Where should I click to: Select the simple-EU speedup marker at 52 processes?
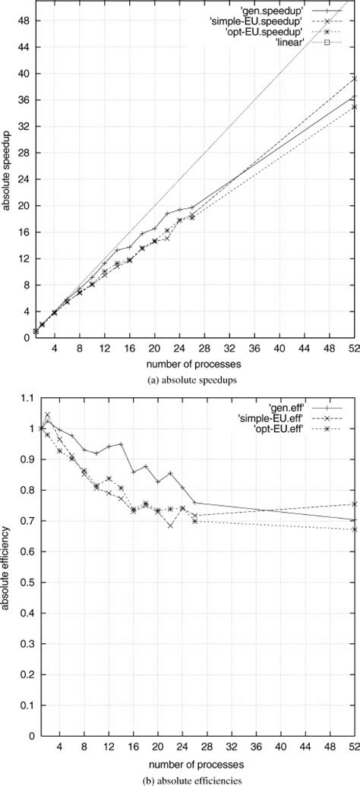point(355,78)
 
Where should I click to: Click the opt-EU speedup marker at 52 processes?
point(355,106)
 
